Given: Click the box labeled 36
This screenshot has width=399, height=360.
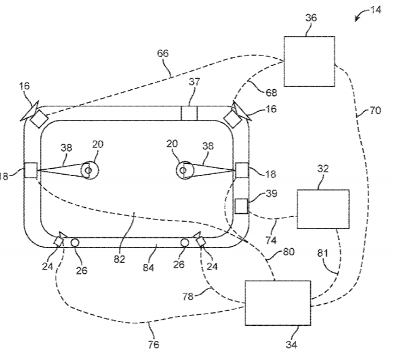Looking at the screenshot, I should pos(310,61).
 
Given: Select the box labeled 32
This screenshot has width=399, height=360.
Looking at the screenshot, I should pos(323,208).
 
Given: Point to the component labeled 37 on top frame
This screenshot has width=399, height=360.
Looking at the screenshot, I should pos(190,114).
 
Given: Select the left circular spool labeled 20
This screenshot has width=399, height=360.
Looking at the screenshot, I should pos(89,171).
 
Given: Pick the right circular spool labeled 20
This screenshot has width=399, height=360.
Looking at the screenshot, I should pos(183,170).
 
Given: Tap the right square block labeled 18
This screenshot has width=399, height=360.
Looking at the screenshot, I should pos(241,171).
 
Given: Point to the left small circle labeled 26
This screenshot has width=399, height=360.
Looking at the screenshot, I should pos(75,243).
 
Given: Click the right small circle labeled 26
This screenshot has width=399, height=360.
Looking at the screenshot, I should pos(184,243).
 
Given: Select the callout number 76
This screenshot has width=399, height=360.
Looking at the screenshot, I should pos(154,345).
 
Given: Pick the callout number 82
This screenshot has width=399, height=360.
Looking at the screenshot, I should pos(119,259).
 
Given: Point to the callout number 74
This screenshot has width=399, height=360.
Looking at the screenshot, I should pos(270,240).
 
